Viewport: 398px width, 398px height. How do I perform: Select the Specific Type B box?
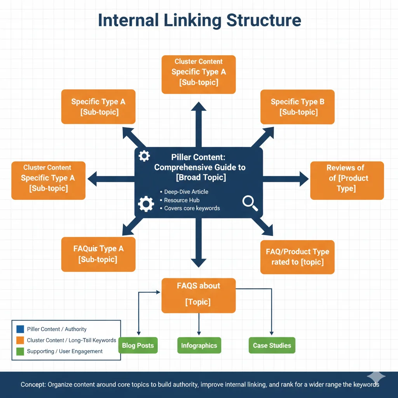[x=297, y=107]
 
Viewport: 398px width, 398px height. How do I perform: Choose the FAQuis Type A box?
[x=98, y=254]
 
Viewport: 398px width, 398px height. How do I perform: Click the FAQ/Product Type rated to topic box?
[x=297, y=257]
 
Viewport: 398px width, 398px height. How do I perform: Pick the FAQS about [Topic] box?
[x=199, y=295]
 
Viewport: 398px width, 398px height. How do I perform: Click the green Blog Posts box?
[x=138, y=346]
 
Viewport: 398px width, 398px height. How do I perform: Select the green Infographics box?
[x=199, y=346]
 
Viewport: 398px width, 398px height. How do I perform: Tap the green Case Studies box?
[x=272, y=346]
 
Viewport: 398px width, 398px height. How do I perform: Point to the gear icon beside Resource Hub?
[x=146, y=204]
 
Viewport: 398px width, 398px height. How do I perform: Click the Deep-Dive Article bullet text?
[x=186, y=192]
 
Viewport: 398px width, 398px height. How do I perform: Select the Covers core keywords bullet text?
[x=192, y=208]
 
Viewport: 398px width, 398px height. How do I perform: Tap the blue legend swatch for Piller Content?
[x=20, y=329]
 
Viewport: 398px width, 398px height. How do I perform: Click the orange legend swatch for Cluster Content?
[x=20, y=340]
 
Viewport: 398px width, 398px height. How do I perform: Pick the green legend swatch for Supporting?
[x=20, y=351]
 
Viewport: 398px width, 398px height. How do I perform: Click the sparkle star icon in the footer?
[x=376, y=377]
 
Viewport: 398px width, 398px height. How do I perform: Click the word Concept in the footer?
[x=33, y=385]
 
